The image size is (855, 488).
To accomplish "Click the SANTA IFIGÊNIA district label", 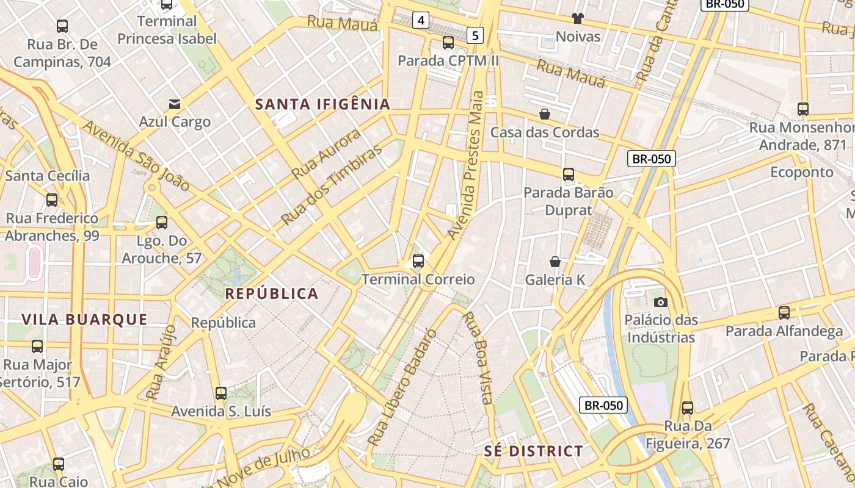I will [x=322, y=104].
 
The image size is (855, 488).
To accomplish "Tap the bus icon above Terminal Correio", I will [x=418, y=261].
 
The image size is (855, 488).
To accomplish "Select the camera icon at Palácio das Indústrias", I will [x=660, y=302].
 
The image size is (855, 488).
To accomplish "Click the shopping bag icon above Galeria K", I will [x=555, y=262].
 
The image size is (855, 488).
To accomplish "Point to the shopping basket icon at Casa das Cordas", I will [x=545, y=114].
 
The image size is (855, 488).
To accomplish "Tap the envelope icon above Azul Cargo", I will [x=175, y=104].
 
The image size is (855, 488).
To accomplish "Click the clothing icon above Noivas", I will [x=578, y=18].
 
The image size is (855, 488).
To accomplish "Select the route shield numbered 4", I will [x=420, y=20].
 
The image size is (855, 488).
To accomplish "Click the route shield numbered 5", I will [x=476, y=35].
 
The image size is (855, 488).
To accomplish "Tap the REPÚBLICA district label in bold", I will [x=272, y=293].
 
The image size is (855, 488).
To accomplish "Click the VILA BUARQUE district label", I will [x=84, y=320].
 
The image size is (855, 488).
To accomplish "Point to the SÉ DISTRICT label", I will [x=534, y=451].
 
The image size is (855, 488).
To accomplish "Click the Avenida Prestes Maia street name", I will [x=466, y=165].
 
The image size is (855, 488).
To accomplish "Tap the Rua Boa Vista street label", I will [x=478, y=357].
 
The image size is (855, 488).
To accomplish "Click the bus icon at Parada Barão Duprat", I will [x=569, y=174].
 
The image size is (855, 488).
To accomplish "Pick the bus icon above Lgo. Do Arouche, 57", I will [x=162, y=223].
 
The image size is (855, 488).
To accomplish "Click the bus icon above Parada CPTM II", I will [x=448, y=43].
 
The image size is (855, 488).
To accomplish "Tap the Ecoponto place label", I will [x=801, y=172].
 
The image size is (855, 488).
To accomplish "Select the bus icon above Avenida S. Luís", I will [x=221, y=393].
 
